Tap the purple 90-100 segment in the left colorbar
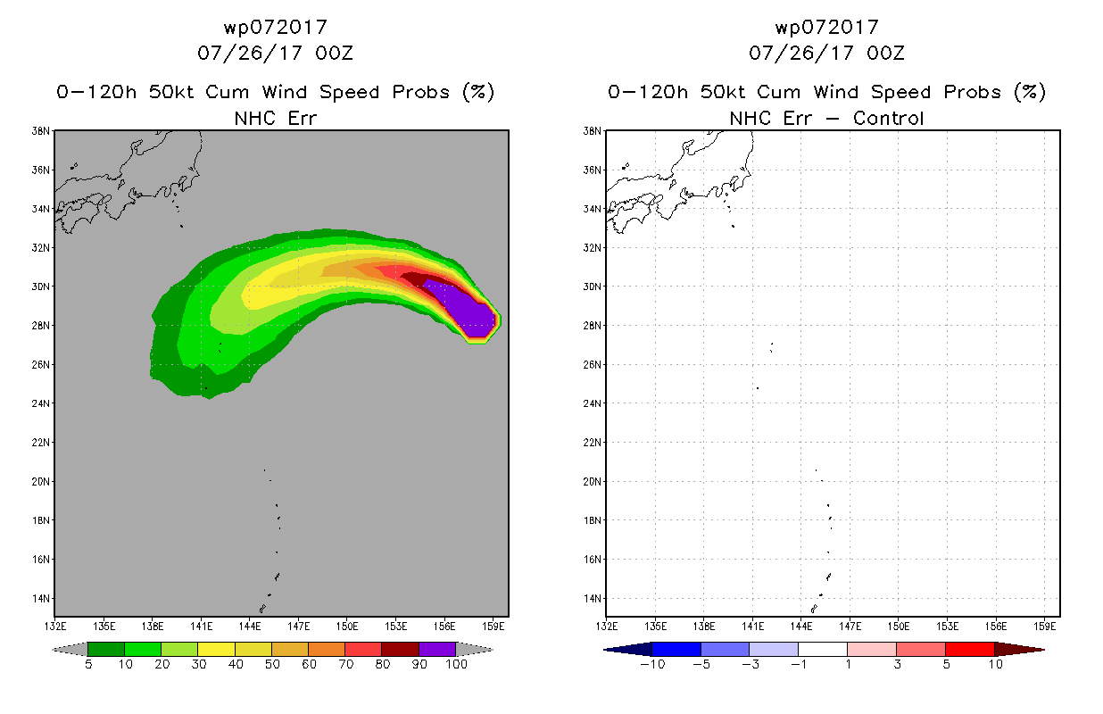coord(437,649)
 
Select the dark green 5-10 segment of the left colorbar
coord(106,649)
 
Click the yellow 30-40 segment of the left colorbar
coord(216,649)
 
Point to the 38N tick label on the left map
coord(41,131)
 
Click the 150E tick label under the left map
coord(347,627)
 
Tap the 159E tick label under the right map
coord(1044,627)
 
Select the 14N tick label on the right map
coord(593,598)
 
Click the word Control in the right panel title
coord(888,118)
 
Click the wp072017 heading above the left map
coord(276,28)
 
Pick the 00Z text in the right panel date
coord(885,54)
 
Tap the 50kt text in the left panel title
coord(171,92)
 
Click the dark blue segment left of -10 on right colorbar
coord(628,649)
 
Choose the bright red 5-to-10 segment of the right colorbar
coord(969,649)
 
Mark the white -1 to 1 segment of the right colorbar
coord(822,649)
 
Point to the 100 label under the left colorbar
coord(456,664)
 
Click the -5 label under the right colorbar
coord(701,664)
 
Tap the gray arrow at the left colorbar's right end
coord(474,649)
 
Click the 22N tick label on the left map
coord(41,442)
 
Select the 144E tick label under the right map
coord(801,627)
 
